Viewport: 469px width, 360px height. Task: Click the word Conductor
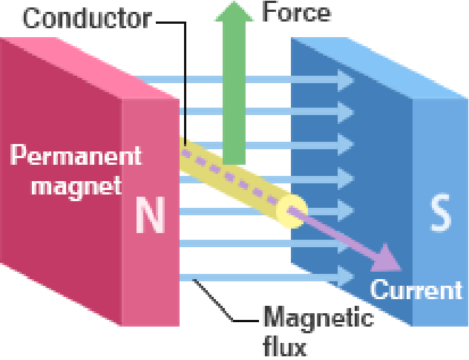point(87,18)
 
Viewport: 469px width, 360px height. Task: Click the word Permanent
point(76,156)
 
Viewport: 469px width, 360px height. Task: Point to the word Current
point(416,289)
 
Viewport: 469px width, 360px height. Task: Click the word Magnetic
point(319,321)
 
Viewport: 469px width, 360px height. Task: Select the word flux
point(286,346)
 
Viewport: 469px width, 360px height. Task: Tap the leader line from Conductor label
point(183,82)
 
